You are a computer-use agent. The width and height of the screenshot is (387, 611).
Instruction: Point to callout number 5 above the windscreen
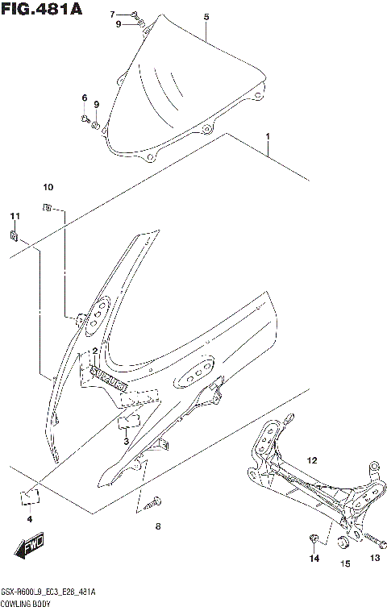click(x=206, y=17)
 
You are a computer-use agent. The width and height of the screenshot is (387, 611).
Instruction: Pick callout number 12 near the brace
click(x=312, y=460)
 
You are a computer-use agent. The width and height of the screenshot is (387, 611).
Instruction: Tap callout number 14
click(x=315, y=559)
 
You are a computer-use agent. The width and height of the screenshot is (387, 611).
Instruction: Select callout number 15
click(x=344, y=564)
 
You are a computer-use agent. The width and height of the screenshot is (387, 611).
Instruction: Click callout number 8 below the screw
click(x=158, y=527)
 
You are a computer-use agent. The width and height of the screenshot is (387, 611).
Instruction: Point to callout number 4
click(x=29, y=519)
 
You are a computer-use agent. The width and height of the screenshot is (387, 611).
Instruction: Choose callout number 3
click(x=126, y=442)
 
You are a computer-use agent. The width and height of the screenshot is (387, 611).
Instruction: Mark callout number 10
click(x=48, y=188)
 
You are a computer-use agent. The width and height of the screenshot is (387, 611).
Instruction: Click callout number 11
click(x=14, y=217)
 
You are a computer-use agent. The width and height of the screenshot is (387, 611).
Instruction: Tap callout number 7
click(x=113, y=14)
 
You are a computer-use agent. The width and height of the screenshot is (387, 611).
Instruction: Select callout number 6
click(x=83, y=98)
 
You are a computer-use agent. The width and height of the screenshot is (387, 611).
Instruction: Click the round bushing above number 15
click(x=344, y=542)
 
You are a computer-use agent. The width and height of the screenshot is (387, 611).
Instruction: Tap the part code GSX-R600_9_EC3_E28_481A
click(x=49, y=592)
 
